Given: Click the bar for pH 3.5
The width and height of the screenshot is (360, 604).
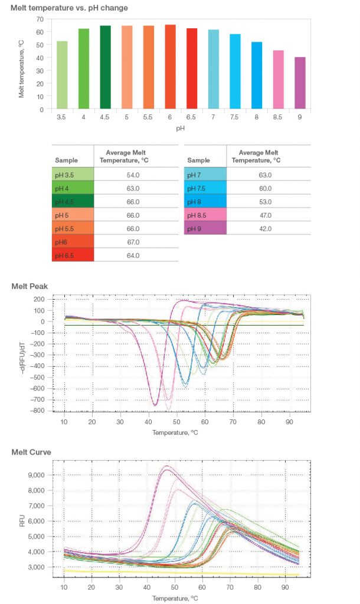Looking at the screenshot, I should (62, 75).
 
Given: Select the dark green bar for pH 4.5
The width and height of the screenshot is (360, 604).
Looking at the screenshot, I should (105, 67).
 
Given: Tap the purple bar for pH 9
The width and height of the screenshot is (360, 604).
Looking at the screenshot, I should (300, 83).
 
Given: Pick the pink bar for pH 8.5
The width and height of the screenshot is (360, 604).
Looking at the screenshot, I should (278, 80).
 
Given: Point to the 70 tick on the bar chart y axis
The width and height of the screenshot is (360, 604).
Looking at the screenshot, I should (40, 19).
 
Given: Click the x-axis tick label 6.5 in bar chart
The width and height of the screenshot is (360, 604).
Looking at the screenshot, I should (192, 117).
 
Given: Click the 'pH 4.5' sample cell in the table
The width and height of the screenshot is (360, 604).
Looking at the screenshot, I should (73, 202).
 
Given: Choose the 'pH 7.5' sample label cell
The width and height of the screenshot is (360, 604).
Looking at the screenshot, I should (205, 188).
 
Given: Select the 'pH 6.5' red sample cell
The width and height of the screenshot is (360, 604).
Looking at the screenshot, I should (73, 255).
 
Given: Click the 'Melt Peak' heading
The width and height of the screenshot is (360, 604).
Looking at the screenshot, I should (30, 286).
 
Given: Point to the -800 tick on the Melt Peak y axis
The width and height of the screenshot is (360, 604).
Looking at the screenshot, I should (40, 411).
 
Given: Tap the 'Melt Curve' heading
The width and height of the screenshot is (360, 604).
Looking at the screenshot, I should (31, 452).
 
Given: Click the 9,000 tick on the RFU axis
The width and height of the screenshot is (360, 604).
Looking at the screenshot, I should (43, 475).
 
